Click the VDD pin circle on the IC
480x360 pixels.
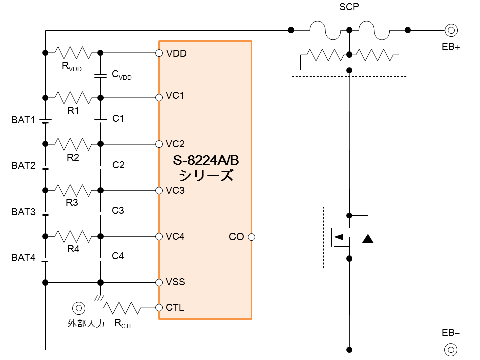(159, 53)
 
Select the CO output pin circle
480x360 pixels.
(251, 237)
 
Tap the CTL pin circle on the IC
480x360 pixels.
(159, 307)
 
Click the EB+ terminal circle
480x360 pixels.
(451, 30)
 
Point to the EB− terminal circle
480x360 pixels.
(451, 349)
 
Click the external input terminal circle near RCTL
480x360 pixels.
(78, 308)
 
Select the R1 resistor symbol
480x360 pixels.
(73, 98)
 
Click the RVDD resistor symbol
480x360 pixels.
(73, 52)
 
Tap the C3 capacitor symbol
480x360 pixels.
(100, 213)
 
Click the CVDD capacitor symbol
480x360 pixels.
(100, 75)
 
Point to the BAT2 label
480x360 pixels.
(23, 166)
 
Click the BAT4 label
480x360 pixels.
(23, 258)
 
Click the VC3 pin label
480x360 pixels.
(175, 190)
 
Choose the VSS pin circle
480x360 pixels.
(159, 282)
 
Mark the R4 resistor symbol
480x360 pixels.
(73, 236)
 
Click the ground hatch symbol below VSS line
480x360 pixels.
(100, 297)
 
